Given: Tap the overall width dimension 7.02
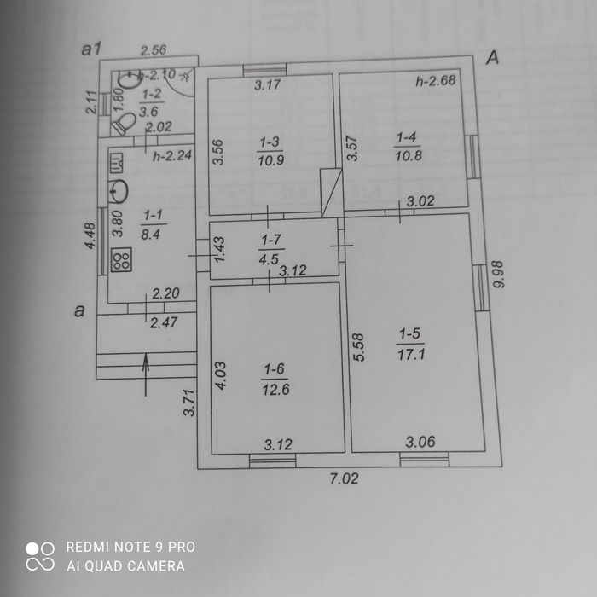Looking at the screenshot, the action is pos(344,478).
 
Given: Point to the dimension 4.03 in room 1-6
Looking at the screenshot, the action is pos(219,376).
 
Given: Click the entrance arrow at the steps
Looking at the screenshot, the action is pos(146,374).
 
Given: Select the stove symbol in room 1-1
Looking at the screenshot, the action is pos(120,258).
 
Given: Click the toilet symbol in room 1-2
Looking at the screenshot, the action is pos(125,125).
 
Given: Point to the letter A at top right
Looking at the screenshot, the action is pos(492,57).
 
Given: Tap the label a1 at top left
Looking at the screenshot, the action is pos(92,49).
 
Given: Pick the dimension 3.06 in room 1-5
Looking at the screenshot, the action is pos(420,442).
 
